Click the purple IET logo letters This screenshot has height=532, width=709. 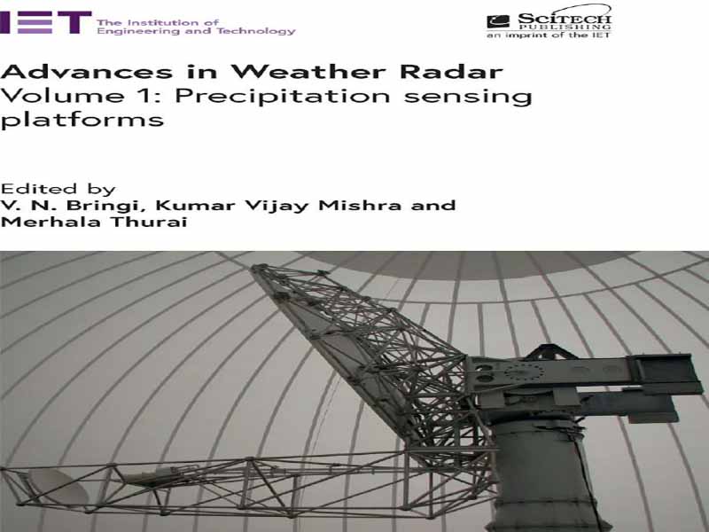coord(46,23)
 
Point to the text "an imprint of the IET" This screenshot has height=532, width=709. coord(549,35)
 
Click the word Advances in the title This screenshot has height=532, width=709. coord(86,72)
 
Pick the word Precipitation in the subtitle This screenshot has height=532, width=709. coord(282,97)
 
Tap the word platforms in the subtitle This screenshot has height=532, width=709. coord(82,120)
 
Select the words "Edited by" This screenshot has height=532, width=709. coord(58,189)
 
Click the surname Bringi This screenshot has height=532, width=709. coord(107,206)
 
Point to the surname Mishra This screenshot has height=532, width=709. coord(360,205)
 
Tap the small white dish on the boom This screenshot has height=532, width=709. coord(57,486)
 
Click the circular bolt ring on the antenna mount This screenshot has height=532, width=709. coord(524,372)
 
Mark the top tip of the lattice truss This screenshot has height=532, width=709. coord(254,267)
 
